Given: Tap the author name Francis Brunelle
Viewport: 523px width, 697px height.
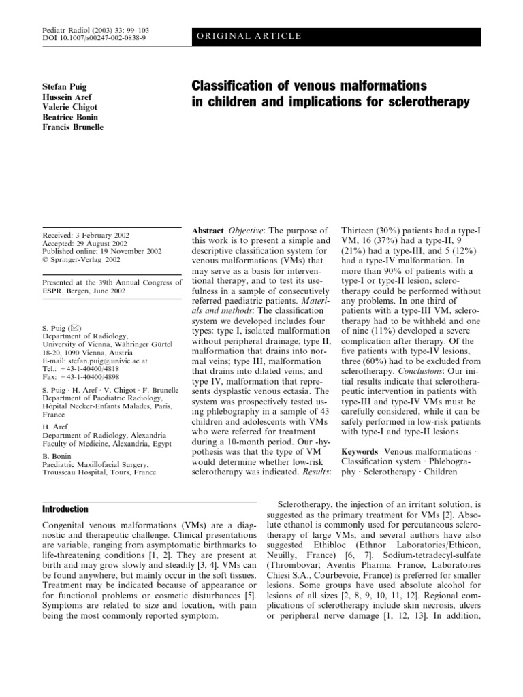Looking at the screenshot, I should pos(73,128).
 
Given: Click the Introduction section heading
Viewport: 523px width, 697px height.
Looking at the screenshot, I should pos(65,508).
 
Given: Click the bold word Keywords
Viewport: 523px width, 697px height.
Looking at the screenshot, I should pos(360,451).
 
